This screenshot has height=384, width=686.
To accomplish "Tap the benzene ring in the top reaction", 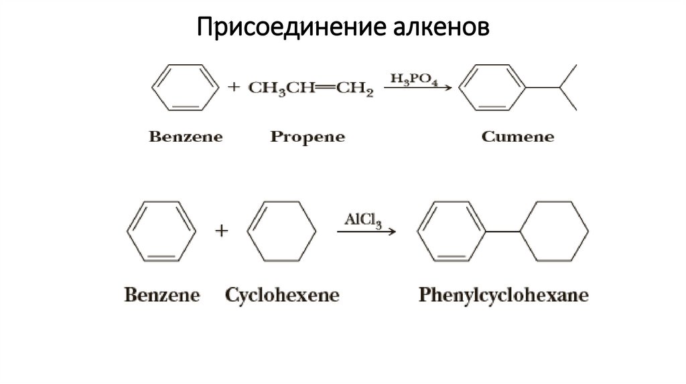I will coord(185,87).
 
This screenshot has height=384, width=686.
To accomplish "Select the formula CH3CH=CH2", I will coord(311,88).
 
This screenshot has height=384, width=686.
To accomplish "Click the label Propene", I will coord(307,137).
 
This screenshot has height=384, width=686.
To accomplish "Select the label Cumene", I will coord(518,137).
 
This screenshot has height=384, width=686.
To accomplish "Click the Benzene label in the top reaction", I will coord(186,137).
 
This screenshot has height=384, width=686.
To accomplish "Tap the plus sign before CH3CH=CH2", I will coord(234,87).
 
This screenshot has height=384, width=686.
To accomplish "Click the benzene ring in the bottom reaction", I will coord(161,230).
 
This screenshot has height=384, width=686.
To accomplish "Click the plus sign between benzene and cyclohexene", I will coord(220,231).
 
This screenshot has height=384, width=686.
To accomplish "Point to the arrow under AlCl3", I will coord(366,231).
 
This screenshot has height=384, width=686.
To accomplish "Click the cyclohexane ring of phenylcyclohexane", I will coord(555,231).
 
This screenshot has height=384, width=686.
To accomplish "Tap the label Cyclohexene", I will coord(282,295).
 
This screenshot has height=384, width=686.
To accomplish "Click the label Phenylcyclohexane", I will coord(503,295).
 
